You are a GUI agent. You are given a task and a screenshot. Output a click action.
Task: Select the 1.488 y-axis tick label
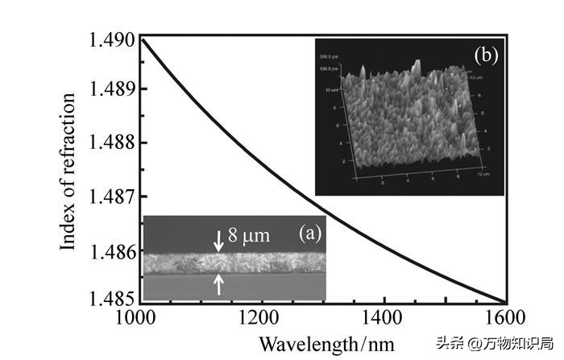tap(109, 143)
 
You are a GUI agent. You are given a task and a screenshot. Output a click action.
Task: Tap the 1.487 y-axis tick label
tap(109, 197)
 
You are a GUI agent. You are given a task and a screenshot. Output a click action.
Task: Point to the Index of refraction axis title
tap(70, 171)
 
